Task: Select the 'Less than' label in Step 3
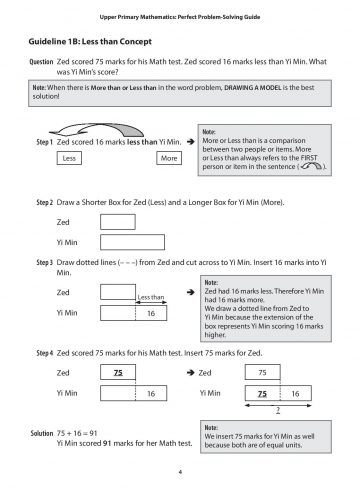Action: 150,297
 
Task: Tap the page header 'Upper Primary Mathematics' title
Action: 180,13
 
